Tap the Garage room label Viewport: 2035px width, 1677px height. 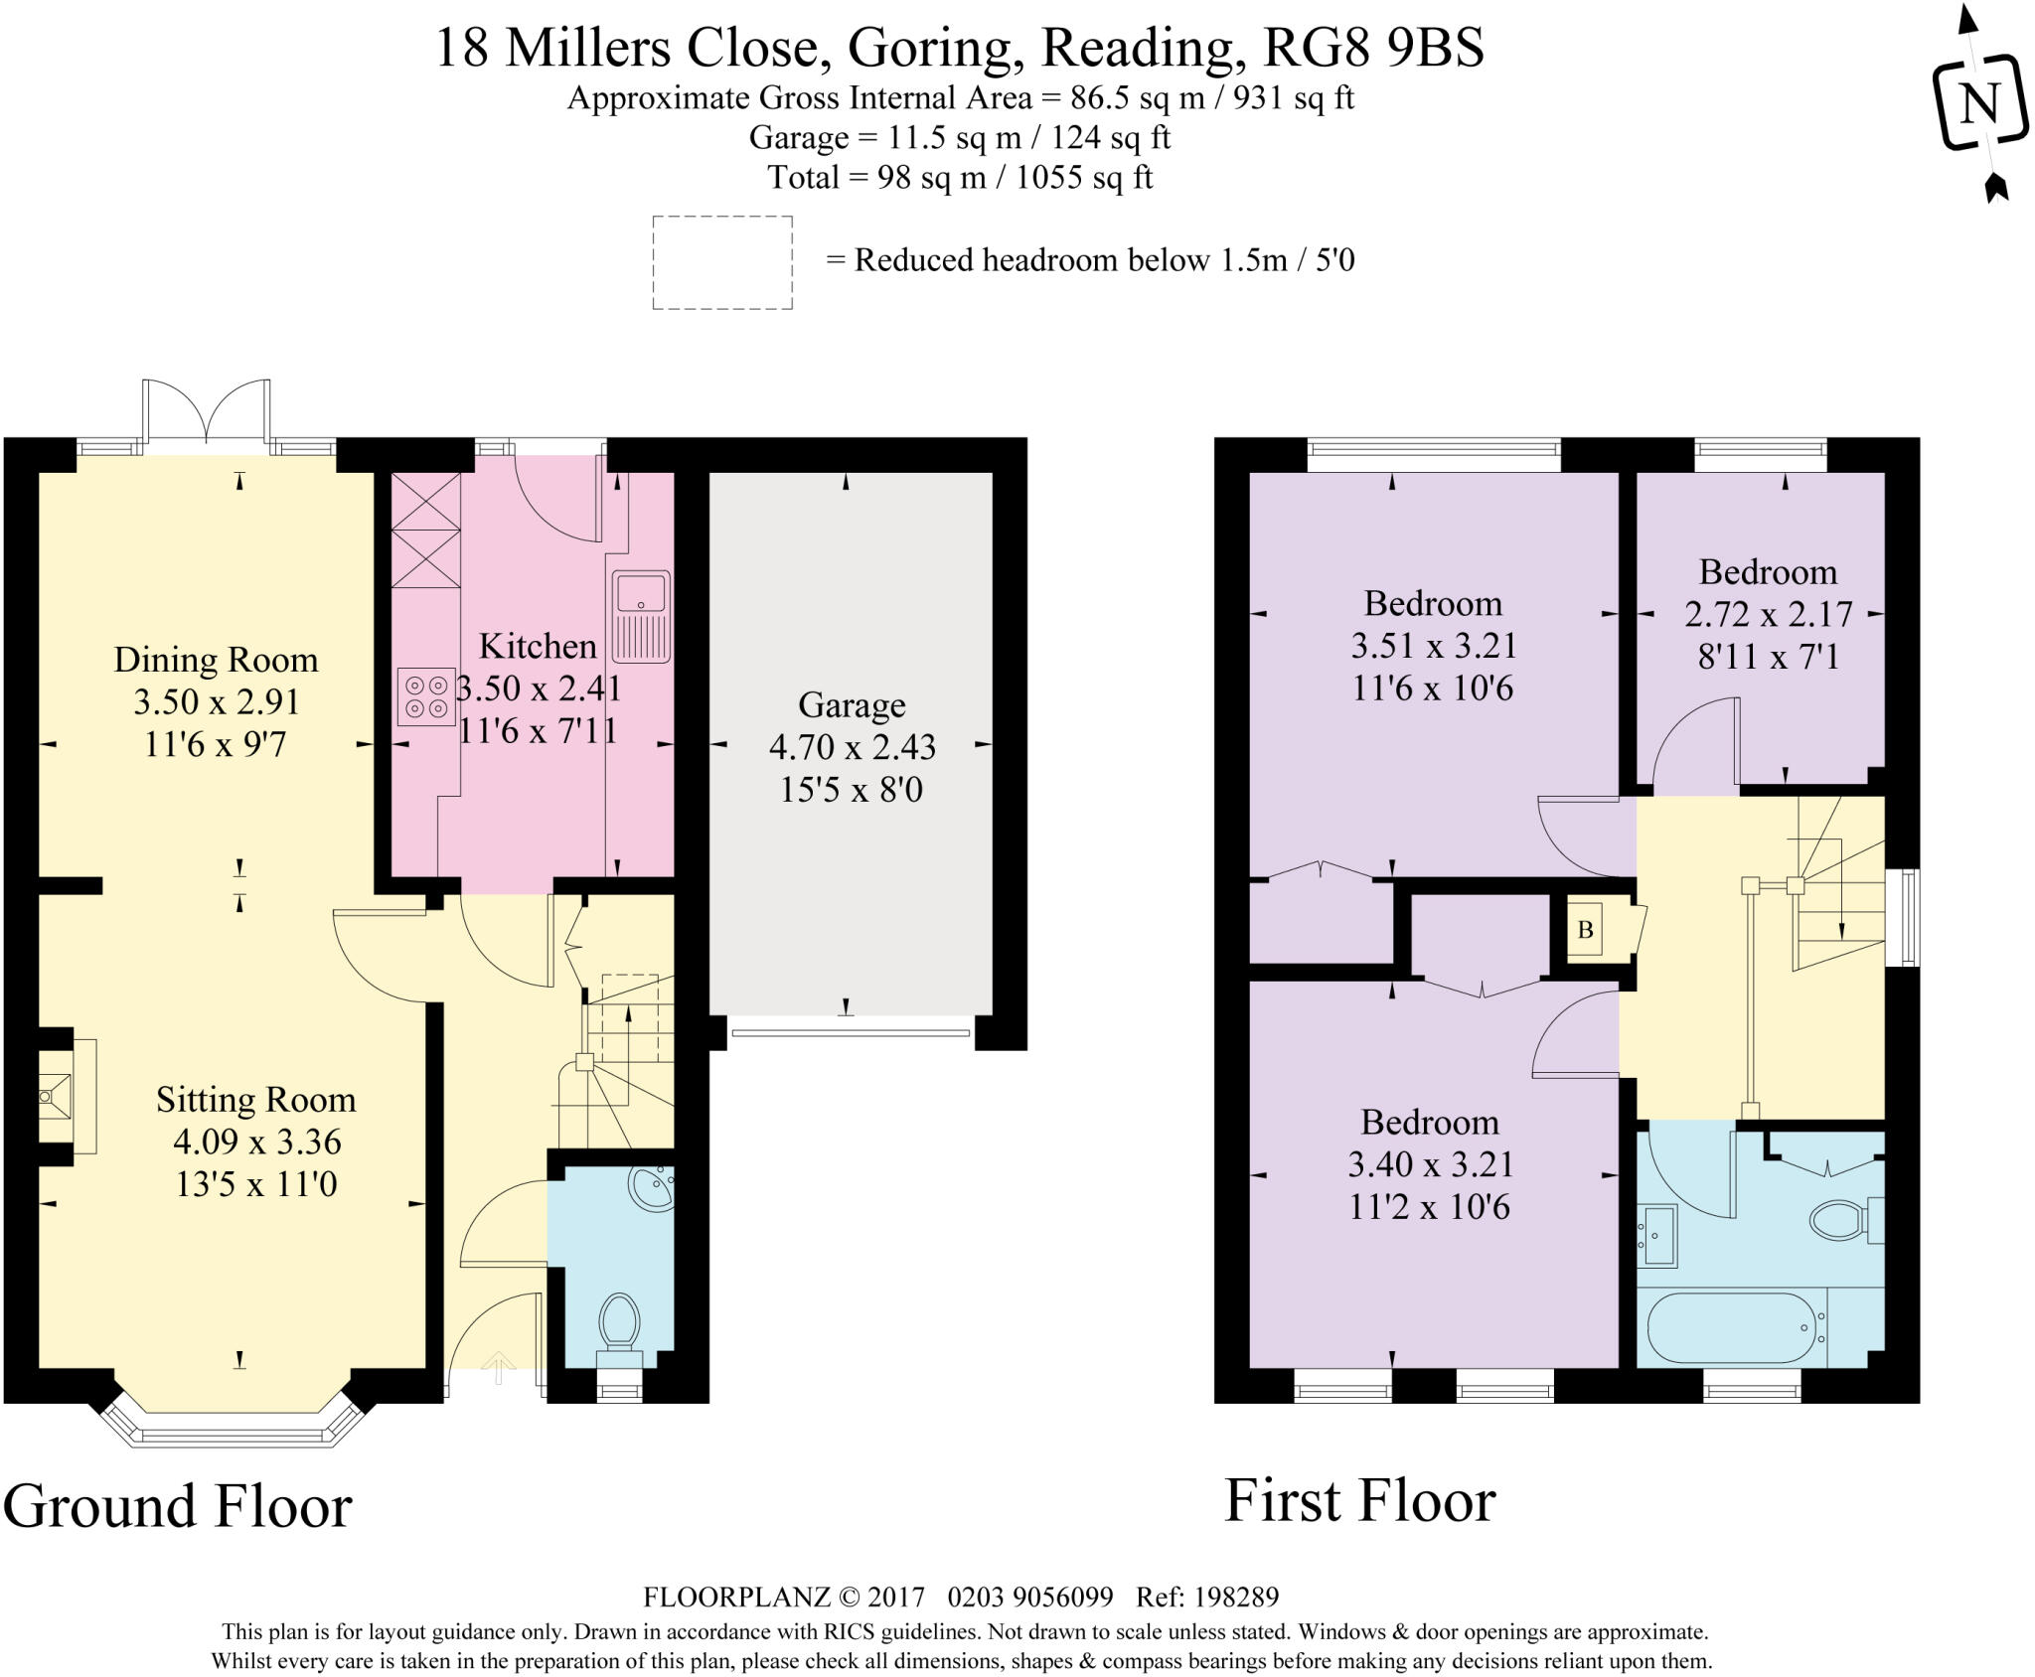point(852,704)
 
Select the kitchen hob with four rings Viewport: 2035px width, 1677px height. point(426,696)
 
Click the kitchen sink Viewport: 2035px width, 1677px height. point(641,616)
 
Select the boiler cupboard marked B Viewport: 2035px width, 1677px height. point(1585,930)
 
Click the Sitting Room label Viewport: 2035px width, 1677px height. point(256,1099)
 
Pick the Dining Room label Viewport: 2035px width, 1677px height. point(216,659)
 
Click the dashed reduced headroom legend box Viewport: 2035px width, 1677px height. point(722,262)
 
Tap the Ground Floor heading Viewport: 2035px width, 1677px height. point(178,1506)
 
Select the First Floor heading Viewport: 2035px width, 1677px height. point(1360,1500)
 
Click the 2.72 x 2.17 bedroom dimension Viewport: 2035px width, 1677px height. point(1769,614)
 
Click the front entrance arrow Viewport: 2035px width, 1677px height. point(499,1367)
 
